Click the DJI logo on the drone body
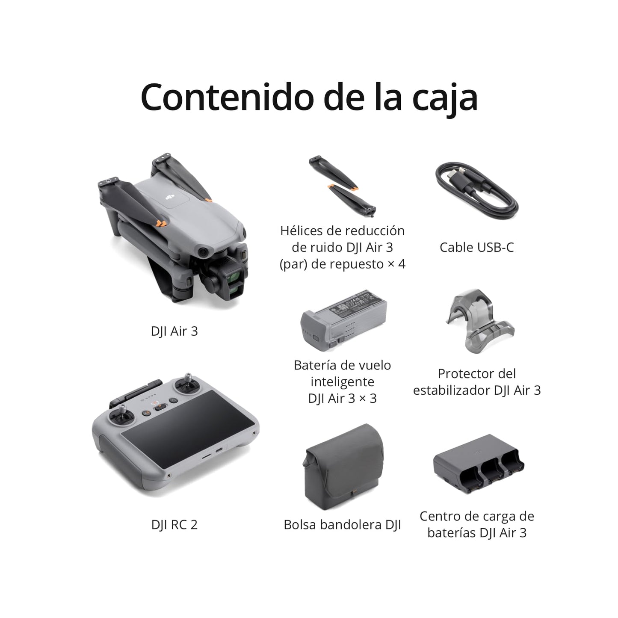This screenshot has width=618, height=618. pos(170,196)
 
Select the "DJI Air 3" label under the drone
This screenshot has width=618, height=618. pos(174,331)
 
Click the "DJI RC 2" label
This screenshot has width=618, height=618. pos(174,525)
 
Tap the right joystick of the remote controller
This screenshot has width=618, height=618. pos(188,384)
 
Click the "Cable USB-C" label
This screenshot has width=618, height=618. pos(476,247)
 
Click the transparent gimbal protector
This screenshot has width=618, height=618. pos(479,321)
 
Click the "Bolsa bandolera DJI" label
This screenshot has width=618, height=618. pos(342,525)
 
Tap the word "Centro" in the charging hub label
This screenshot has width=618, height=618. pos(440,516)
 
